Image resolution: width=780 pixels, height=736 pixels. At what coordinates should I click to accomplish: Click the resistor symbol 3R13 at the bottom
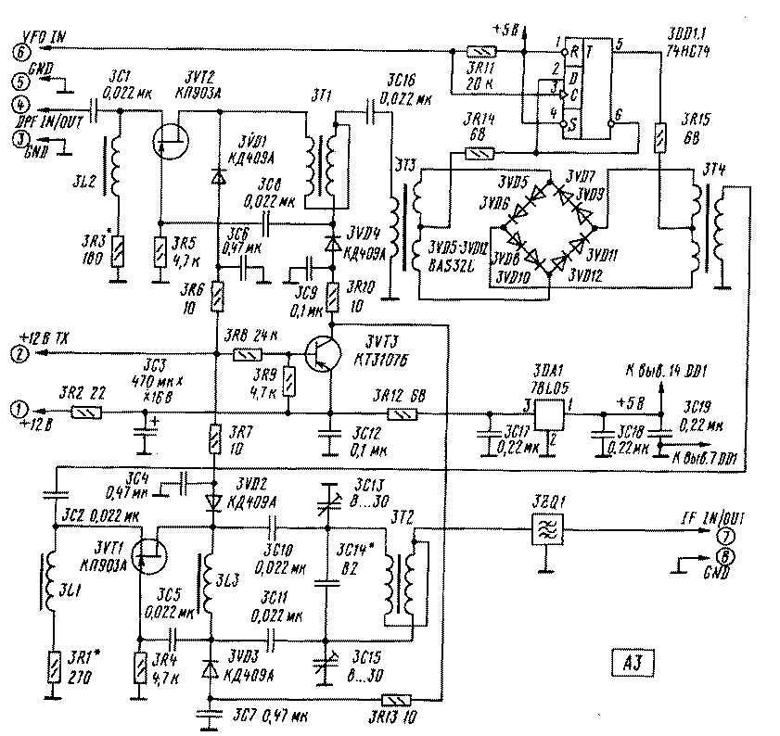pos(396,702)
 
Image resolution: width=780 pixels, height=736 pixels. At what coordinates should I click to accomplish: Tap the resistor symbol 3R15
pos(659,137)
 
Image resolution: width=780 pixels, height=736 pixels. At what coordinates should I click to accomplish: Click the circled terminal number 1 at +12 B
pos(19,408)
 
